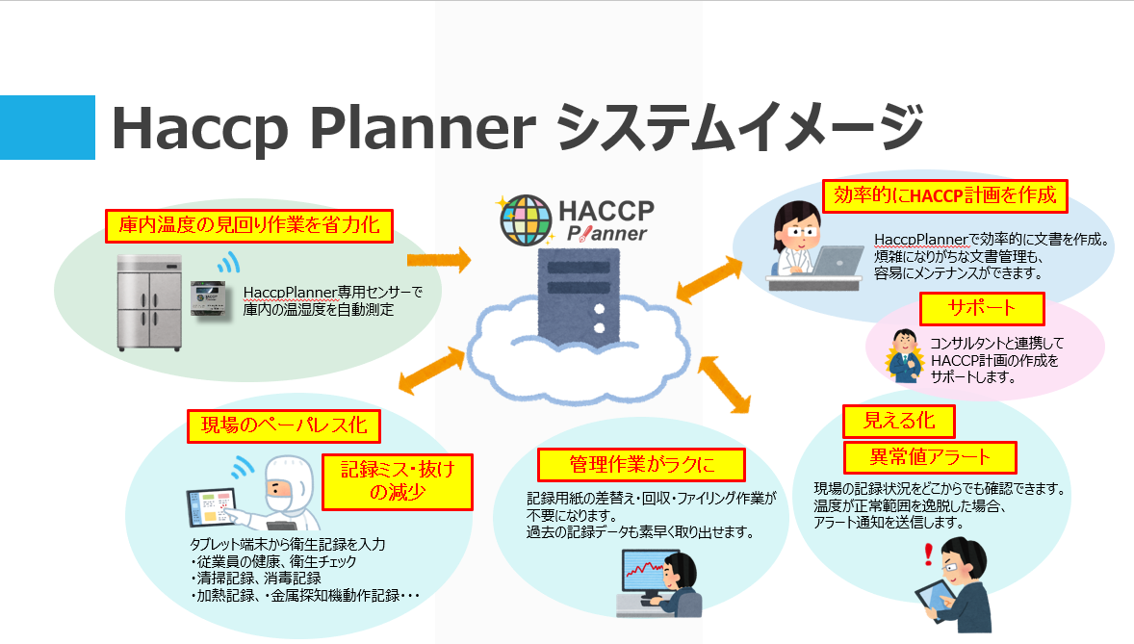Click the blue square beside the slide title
coord(47,127)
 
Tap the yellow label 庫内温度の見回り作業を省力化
coord(248,226)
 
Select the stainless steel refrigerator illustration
coord(150,302)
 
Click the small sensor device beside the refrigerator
coord(208,298)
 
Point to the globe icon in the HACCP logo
coord(526,220)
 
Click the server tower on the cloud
coord(579,296)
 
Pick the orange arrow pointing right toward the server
coord(439,260)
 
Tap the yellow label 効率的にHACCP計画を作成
coord(945,196)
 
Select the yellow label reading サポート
coord(982,309)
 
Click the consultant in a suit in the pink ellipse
coord(904,356)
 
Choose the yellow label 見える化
coord(899,421)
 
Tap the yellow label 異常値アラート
coord(930,457)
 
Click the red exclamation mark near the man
coord(929,555)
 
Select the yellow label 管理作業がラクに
coord(641,465)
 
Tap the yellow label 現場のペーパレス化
coord(284,426)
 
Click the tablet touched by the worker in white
coord(210,505)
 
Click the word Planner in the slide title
coord(423,129)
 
